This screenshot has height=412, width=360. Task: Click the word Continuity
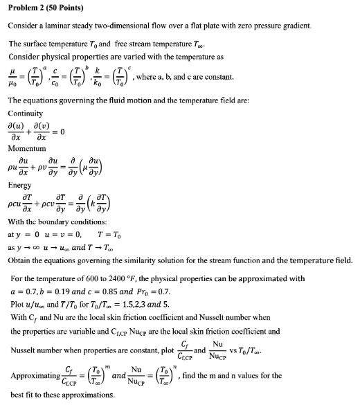(x=26, y=113)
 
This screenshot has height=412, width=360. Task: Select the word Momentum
(x=27, y=148)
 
